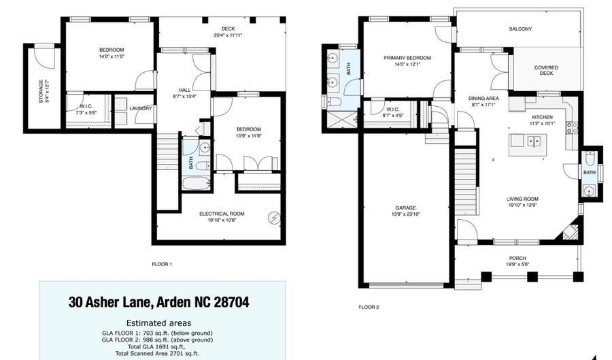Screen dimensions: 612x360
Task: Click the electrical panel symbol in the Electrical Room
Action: pyautogui.click(x=275, y=218)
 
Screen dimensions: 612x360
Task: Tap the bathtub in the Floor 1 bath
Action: pyautogui.click(x=197, y=184)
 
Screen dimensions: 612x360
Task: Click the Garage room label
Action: pyautogui.click(x=405, y=208)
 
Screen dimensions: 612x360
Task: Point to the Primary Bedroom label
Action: pyautogui.click(x=407, y=58)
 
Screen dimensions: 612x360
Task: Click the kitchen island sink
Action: pyautogui.click(x=534, y=141)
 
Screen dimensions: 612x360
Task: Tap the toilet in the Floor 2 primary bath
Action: pyautogui.click(x=334, y=102)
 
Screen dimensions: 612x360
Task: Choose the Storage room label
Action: pyautogui.click(x=41, y=91)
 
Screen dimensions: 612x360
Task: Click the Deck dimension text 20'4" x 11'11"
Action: pyautogui.click(x=228, y=35)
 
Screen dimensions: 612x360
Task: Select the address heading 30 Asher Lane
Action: pyautogui.click(x=110, y=302)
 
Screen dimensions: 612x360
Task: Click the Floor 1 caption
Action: pyautogui.click(x=162, y=264)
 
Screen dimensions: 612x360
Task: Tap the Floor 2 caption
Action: pyautogui.click(x=369, y=308)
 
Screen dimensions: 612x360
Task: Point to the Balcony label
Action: pyautogui.click(x=520, y=29)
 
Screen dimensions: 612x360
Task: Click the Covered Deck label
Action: pyautogui.click(x=546, y=70)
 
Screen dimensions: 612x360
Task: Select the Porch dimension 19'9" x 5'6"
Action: pyautogui.click(x=517, y=264)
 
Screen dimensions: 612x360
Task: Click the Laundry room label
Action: pyautogui.click(x=141, y=109)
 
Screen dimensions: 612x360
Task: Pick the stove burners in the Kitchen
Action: pyautogui.click(x=572, y=128)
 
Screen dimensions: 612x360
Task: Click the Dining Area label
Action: pyautogui.click(x=483, y=99)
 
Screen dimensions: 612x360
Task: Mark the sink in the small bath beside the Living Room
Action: pyautogui.click(x=589, y=191)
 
